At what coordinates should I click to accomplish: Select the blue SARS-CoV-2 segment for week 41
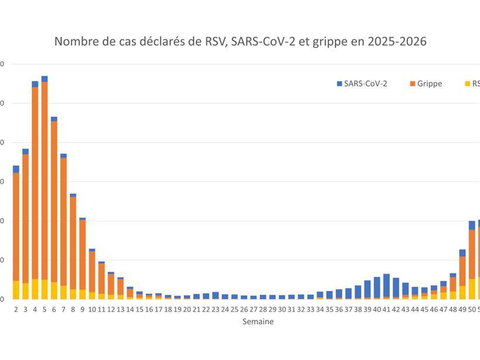click(x=386, y=285)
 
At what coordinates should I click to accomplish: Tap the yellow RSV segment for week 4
click(x=35, y=289)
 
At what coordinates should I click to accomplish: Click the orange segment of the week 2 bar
click(x=16, y=227)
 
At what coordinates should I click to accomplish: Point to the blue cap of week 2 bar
click(x=16, y=169)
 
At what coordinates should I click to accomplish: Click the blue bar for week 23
click(x=215, y=296)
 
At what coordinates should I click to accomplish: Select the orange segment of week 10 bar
click(x=92, y=272)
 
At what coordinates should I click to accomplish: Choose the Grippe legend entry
click(x=430, y=84)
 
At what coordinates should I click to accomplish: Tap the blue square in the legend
click(x=340, y=84)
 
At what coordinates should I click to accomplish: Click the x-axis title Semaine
click(x=258, y=321)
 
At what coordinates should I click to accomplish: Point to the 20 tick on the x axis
click(x=187, y=308)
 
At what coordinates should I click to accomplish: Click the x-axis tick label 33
click(x=310, y=308)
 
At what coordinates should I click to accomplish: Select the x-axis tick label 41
click(x=386, y=308)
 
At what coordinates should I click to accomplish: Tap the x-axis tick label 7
click(x=63, y=308)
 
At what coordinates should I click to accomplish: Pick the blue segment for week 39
click(x=368, y=289)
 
